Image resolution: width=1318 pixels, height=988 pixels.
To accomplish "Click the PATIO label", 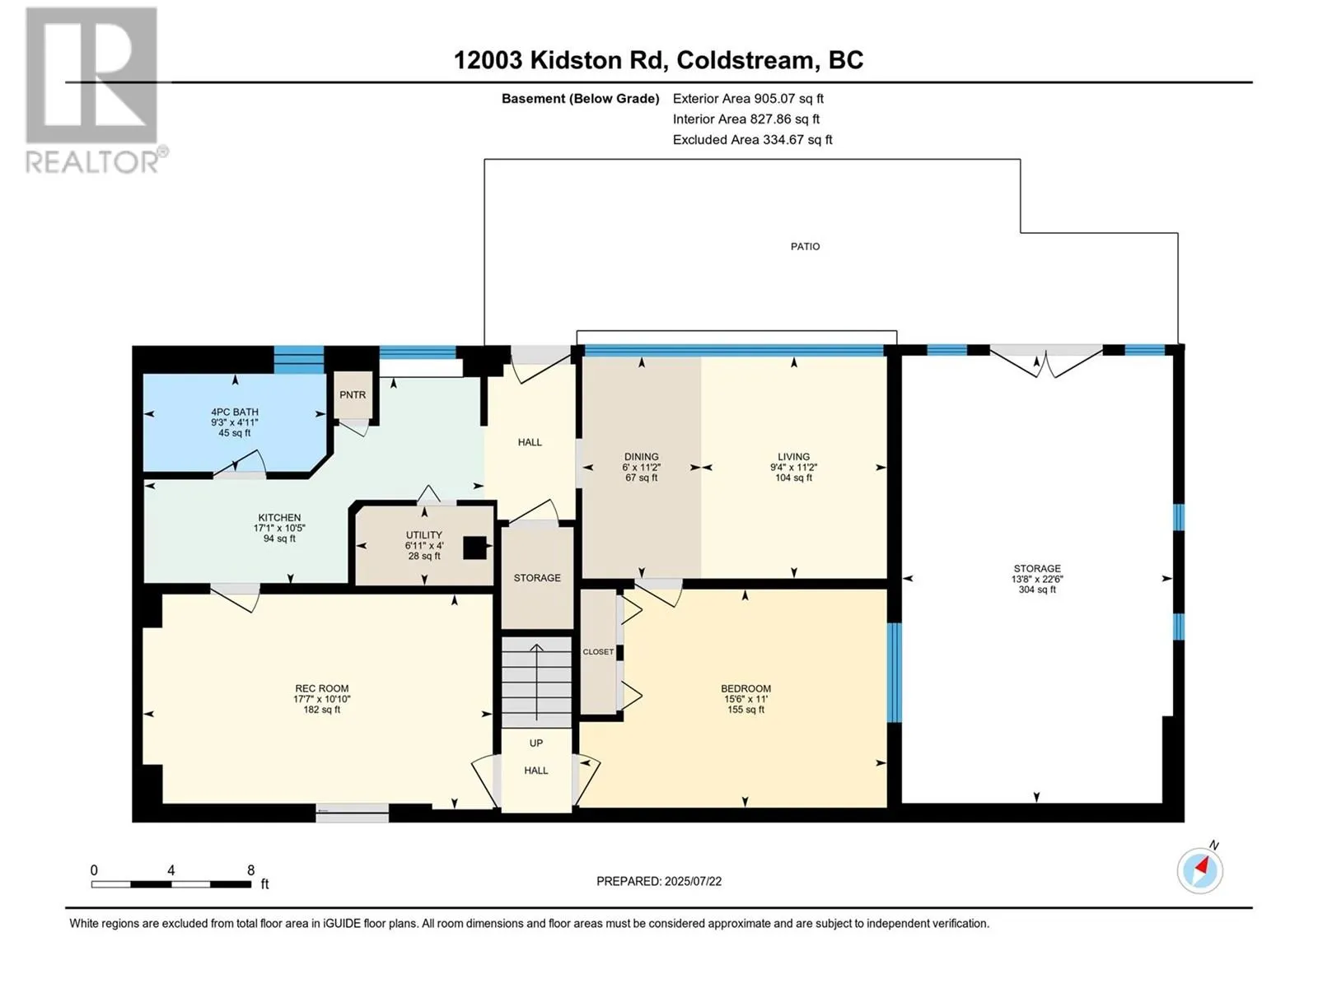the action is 805,246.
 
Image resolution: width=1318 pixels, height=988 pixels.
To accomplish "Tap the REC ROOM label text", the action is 322,688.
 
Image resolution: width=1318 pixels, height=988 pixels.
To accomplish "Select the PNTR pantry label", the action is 353,394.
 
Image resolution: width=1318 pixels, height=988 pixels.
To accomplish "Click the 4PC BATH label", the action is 235,412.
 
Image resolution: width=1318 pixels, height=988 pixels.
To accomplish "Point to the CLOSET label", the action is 598,652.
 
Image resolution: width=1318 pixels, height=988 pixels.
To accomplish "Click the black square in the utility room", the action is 474,548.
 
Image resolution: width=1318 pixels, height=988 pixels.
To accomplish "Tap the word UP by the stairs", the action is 536,743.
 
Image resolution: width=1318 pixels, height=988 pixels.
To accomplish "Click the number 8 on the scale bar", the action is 251,870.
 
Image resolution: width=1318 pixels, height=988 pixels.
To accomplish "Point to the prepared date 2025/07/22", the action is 693,881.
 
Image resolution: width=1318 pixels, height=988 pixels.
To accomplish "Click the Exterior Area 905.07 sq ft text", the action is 748,98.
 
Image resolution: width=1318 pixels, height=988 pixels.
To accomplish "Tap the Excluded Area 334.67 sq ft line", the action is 752,140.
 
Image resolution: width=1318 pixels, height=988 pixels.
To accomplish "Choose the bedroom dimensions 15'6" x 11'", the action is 745,699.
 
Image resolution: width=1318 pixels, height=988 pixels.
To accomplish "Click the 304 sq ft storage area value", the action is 1037,590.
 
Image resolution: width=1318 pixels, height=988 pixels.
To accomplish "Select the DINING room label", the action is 641,457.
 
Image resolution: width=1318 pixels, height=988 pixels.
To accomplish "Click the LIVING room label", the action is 794,457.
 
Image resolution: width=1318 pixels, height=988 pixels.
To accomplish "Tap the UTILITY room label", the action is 424,535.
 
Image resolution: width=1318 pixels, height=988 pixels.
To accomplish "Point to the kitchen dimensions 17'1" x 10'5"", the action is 279,529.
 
